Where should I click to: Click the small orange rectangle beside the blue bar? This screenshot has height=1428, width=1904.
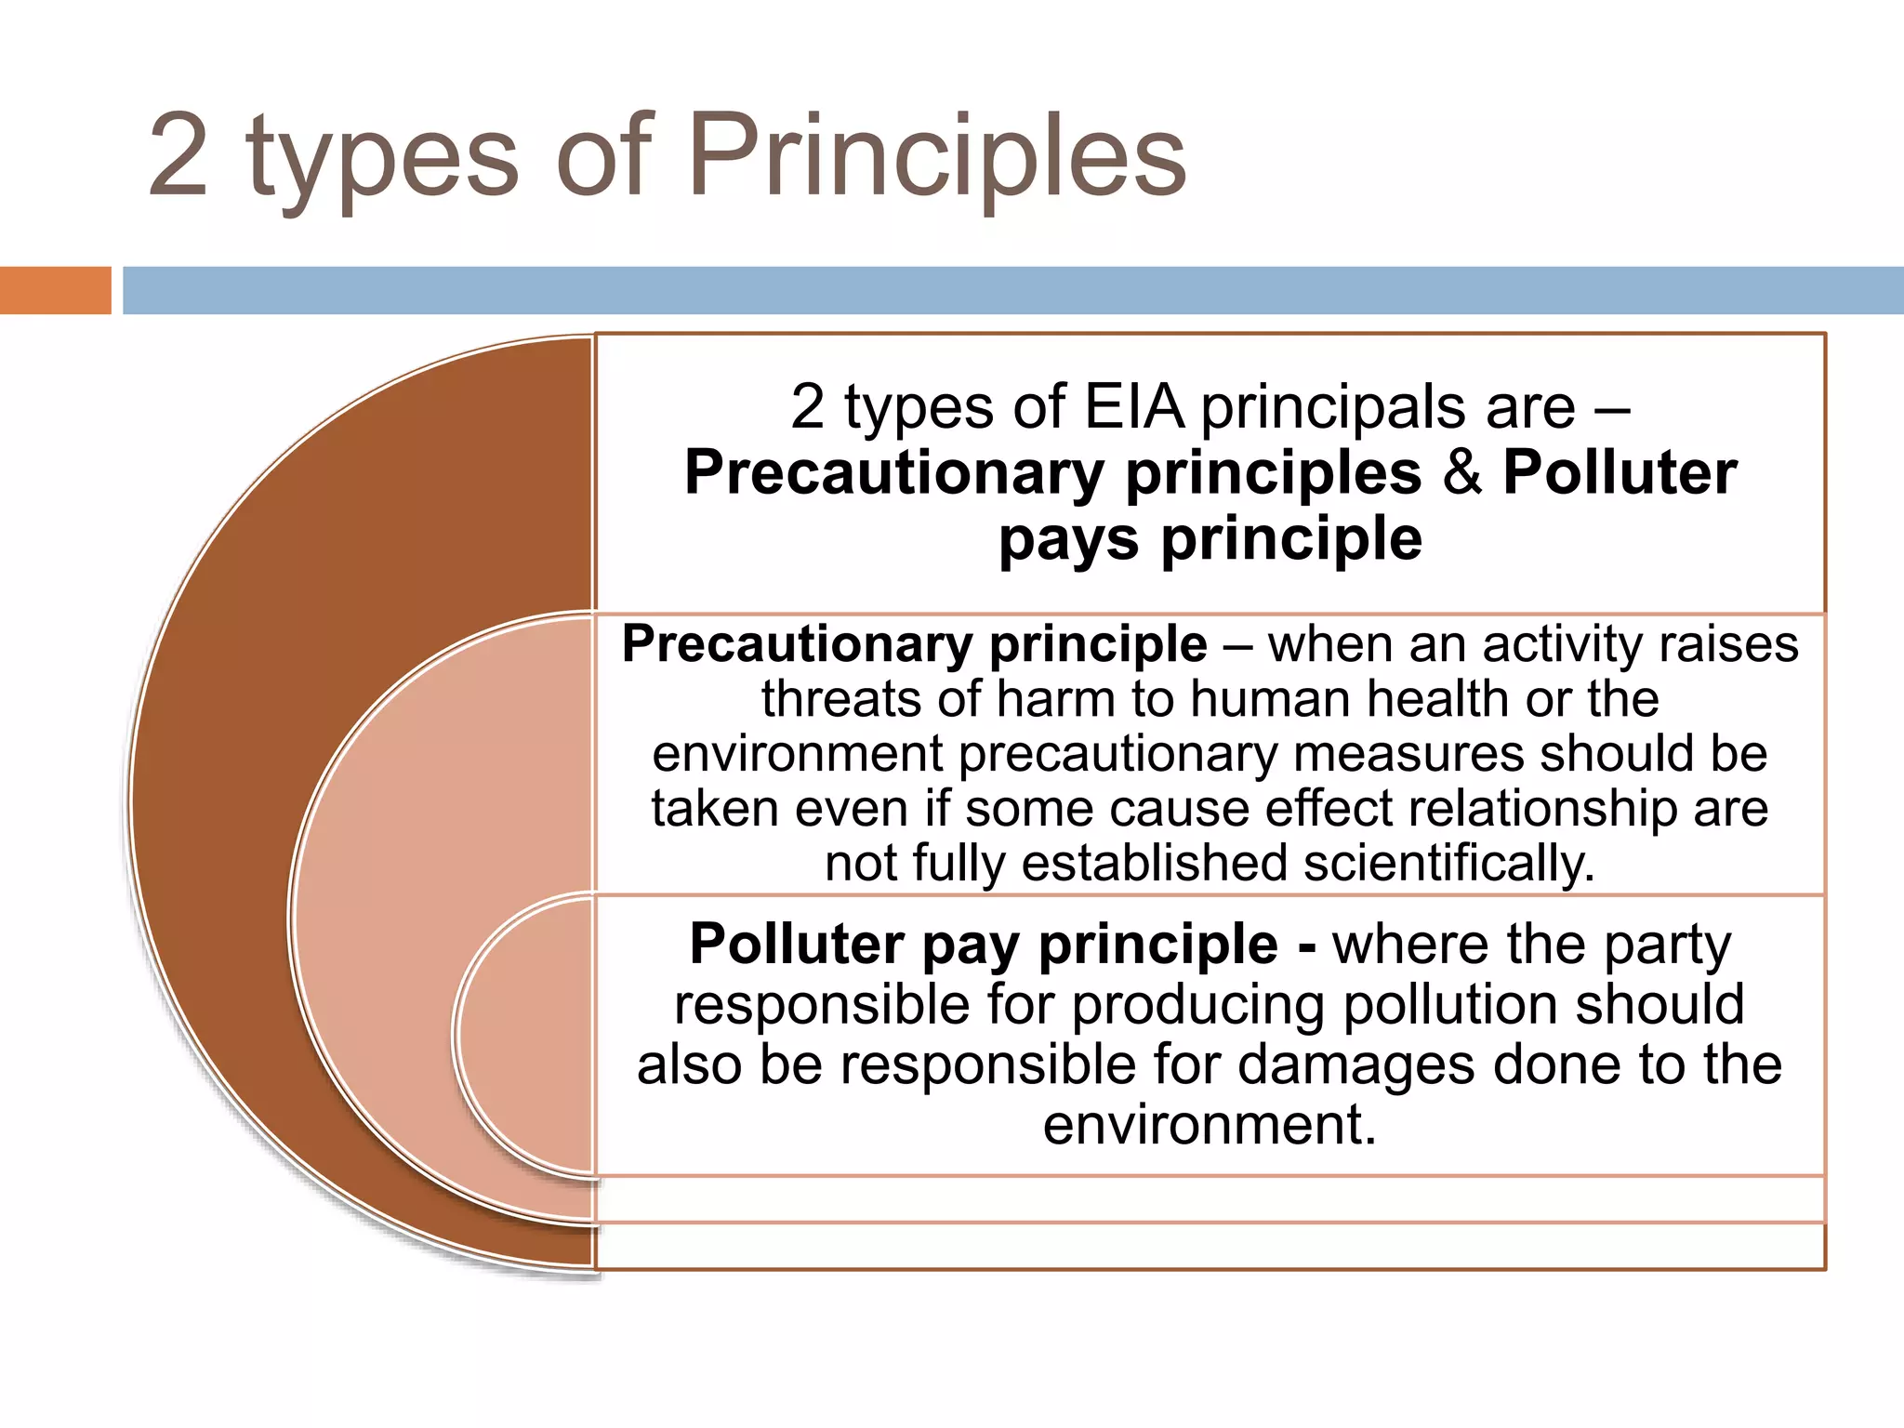[x=55, y=290]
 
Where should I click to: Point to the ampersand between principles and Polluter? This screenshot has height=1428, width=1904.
[x=1461, y=472]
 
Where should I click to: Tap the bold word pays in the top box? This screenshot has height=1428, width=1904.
[x=1067, y=540]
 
